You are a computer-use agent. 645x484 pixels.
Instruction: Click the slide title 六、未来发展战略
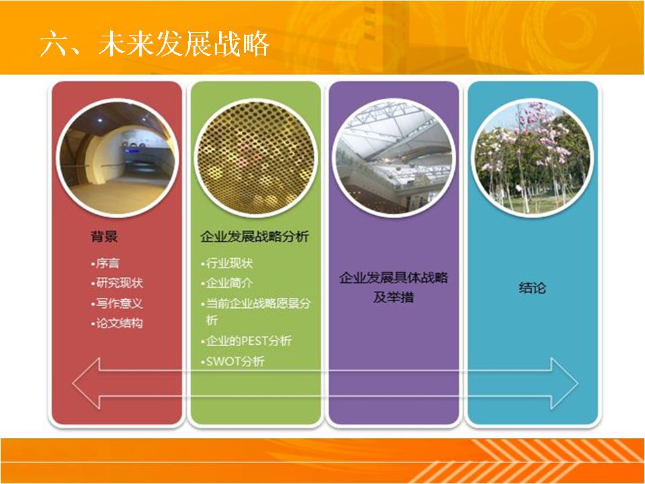click(155, 43)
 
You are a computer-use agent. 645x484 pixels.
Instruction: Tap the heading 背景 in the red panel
click(104, 236)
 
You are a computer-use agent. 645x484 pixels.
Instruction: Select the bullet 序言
click(105, 263)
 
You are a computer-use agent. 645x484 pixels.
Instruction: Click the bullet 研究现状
click(117, 283)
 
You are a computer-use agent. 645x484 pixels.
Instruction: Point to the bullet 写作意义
click(117, 303)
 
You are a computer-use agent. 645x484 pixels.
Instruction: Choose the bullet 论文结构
click(117, 323)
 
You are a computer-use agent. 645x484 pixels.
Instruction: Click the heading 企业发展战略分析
click(255, 236)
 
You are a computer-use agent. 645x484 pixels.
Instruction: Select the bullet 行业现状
click(227, 263)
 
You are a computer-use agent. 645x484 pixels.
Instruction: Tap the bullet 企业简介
click(227, 283)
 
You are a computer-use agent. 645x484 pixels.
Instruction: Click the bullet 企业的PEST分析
click(247, 341)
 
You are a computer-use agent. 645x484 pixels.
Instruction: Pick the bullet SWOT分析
click(233, 362)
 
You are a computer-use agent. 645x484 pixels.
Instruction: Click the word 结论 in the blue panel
click(532, 288)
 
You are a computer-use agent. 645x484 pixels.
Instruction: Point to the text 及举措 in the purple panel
click(393, 297)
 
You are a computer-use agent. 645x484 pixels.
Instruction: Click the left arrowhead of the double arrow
click(87, 383)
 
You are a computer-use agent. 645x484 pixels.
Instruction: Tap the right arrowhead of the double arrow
click(564, 383)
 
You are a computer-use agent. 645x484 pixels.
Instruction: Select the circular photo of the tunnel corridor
click(117, 157)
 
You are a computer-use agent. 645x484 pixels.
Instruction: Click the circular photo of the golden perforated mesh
click(255, 157)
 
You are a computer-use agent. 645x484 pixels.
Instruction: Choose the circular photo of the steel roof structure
click(394, 157)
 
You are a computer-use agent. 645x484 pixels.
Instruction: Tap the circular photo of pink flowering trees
click(532, 157)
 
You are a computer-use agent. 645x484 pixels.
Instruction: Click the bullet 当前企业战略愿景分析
click(256, 311)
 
